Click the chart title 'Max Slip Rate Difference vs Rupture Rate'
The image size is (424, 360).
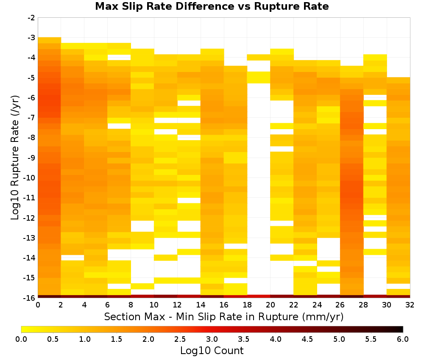click(x=212, y=6)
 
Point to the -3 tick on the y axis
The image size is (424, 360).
click(x=31, y=38)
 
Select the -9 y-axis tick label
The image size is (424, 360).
click(x=31, y=158)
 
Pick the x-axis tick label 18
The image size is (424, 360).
click(x=247, y=305)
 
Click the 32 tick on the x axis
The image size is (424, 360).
click(x=410, y=305)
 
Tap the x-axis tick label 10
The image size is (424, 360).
click(x=154, y=305)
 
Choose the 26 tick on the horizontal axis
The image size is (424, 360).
click(x=340, y=305)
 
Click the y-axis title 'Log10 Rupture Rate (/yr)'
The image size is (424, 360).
click(x=15, y=158)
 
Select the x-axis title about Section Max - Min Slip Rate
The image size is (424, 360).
click(x=223, y=316)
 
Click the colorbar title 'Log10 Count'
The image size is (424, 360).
click(x=212, y=351)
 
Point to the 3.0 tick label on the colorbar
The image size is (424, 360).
click(x=212, y=339)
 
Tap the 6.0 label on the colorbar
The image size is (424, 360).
click(x=403, y=339)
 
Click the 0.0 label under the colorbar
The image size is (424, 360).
click(x=21, y=339)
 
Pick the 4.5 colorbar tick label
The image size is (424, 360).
click(x=307, y=339)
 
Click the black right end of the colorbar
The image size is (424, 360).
click(x=402, y=329)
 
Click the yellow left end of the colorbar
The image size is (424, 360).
click(x=22, y=329)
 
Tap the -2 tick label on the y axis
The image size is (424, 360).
click(x=31, y=18)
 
